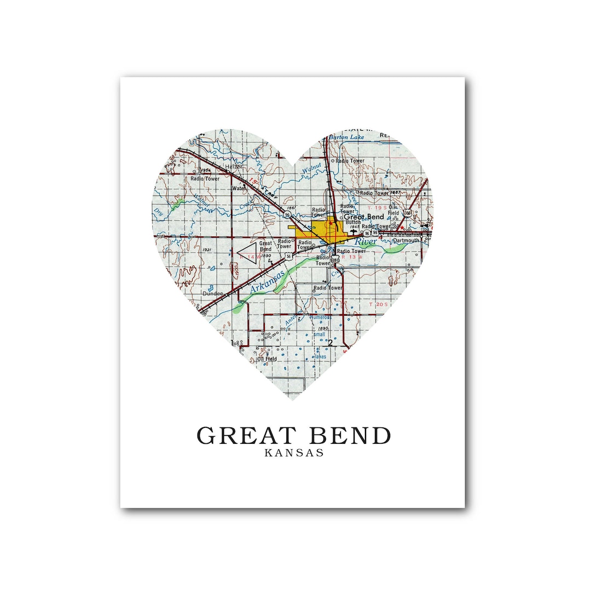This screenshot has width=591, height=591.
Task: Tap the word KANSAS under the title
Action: point(294,453)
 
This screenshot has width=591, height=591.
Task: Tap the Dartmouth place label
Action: point(405,240)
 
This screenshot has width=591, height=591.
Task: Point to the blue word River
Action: point(365,241)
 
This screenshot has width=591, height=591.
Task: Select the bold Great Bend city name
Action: point(363,217)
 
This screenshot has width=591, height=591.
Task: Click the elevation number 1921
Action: point(206,250)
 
